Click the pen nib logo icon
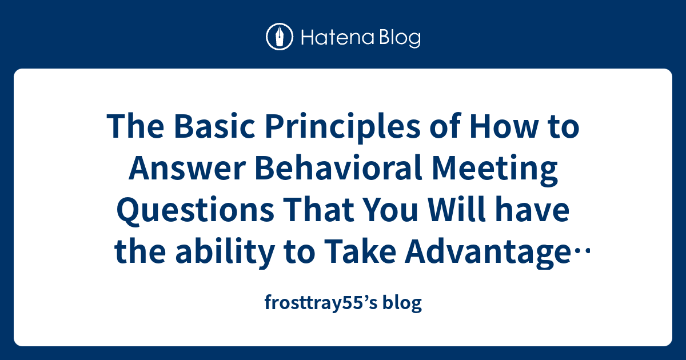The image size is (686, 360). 280,37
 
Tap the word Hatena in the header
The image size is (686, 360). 338,38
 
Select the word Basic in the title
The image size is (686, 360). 214,127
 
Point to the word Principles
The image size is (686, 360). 342,127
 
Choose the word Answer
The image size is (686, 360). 187,169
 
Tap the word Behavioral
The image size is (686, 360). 338,168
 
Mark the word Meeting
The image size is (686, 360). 494,169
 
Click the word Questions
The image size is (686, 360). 195,211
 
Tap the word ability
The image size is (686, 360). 225,253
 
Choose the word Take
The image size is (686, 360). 360,251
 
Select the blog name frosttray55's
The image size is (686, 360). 321,302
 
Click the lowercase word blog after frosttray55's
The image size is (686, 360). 402,302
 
